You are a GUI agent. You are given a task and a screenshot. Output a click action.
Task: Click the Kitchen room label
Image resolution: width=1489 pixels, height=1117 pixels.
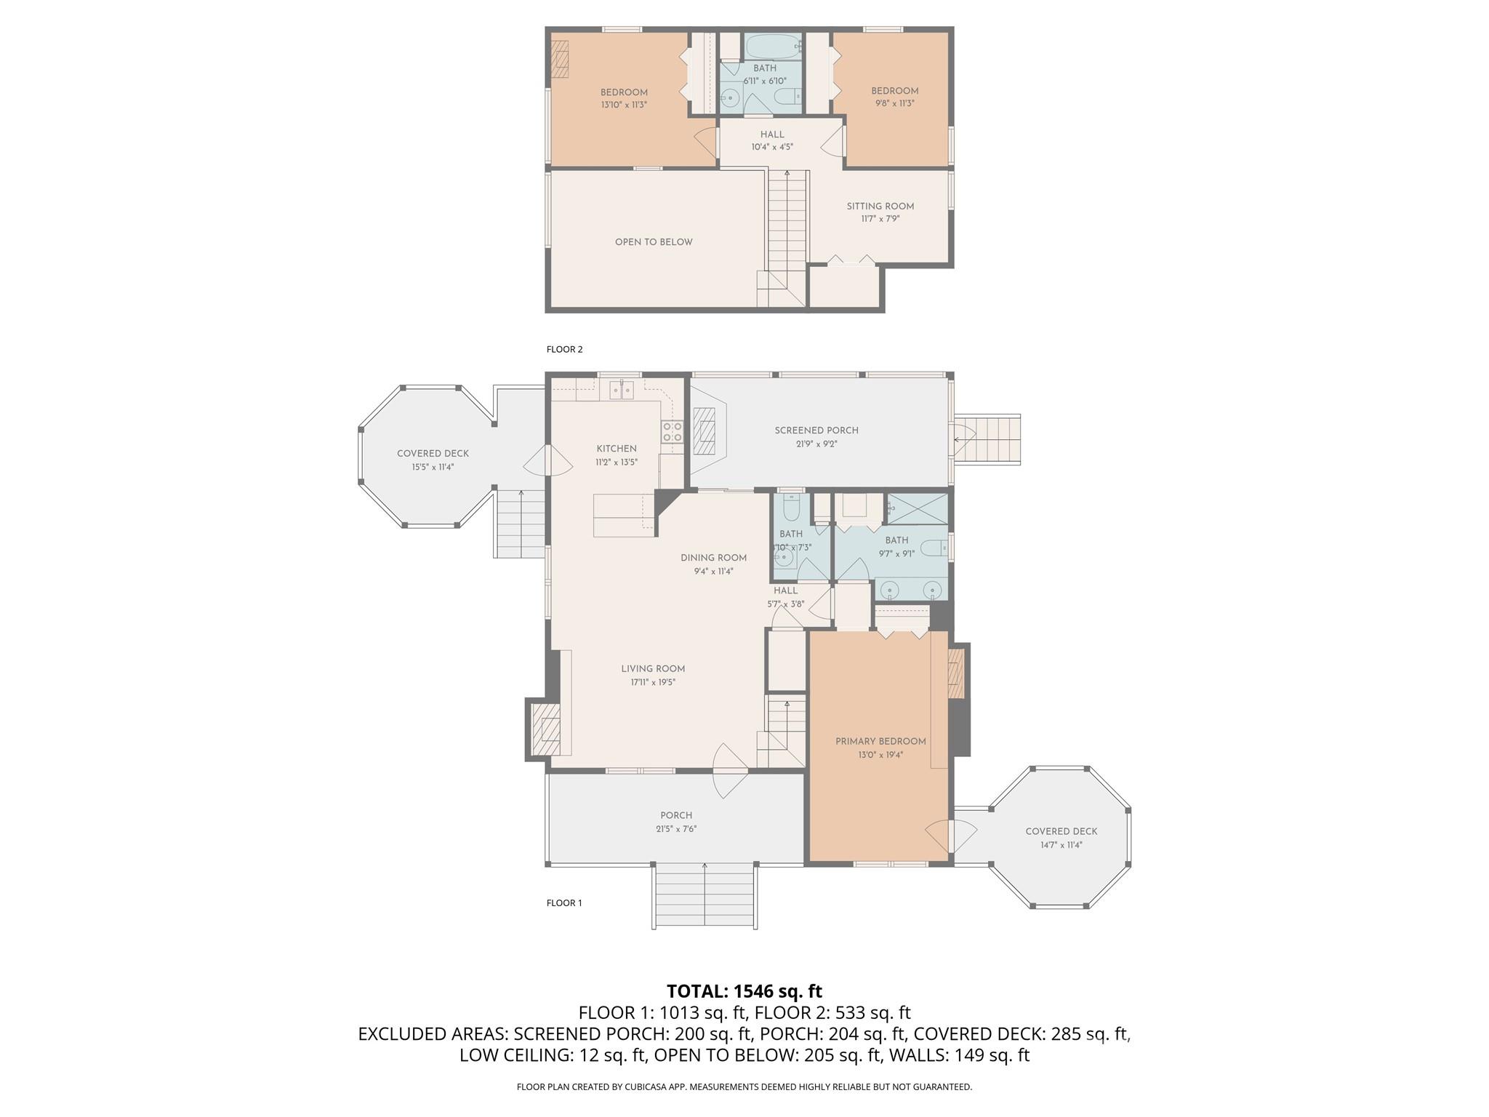click(617, 449)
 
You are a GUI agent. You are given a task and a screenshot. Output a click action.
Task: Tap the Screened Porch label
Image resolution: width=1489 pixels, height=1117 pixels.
click(816, 431)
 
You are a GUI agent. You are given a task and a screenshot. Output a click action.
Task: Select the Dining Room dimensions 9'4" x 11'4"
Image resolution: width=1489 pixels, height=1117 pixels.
click(713, 572)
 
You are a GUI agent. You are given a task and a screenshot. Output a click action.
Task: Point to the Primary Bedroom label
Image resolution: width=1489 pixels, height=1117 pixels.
click(880, 742)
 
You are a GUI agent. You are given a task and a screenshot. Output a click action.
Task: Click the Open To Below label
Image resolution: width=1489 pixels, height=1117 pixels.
click(654, 242)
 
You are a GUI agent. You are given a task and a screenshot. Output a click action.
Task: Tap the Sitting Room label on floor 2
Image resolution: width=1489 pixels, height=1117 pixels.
click(880, 207)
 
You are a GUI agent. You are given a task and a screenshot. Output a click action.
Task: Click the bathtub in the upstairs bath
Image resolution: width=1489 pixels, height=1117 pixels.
click(773, 47)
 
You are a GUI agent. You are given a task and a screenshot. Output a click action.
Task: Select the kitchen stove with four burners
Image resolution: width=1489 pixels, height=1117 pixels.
click(672, 432)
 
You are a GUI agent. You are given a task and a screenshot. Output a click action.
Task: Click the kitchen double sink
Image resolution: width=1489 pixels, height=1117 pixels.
click(622, 391)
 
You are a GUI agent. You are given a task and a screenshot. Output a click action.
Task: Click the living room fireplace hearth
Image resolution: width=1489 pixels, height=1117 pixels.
click(545, 730)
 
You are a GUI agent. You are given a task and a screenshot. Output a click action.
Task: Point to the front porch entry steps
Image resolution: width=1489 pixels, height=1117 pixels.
click(705, 895)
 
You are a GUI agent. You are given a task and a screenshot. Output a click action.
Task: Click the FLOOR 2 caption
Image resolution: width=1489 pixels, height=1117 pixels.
click(564, 349)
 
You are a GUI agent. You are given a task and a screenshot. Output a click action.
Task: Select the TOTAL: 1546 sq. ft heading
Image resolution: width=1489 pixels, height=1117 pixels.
click(744, 991)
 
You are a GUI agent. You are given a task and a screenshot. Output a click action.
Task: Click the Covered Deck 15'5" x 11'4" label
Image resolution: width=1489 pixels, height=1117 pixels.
click(433, 454)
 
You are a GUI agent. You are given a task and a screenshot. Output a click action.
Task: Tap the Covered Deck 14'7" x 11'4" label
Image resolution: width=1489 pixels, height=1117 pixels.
click(1061, 832)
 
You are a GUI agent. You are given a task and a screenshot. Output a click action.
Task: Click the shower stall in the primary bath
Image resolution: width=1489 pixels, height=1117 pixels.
click(918, 508)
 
